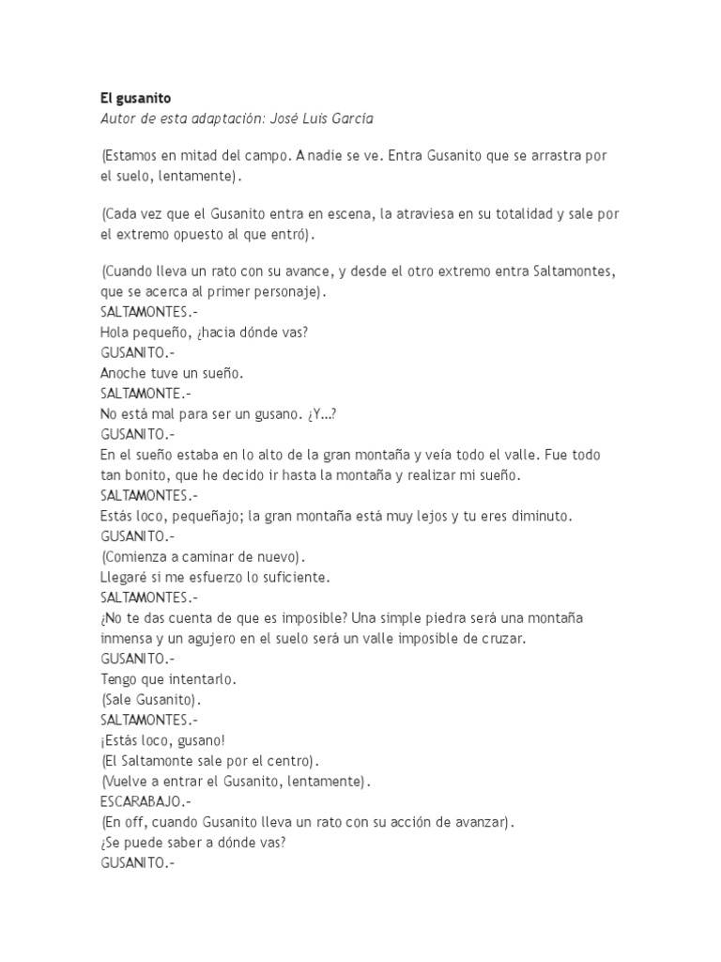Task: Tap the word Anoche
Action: (x=123, y=373)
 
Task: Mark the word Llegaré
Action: (x=126, y=577)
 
